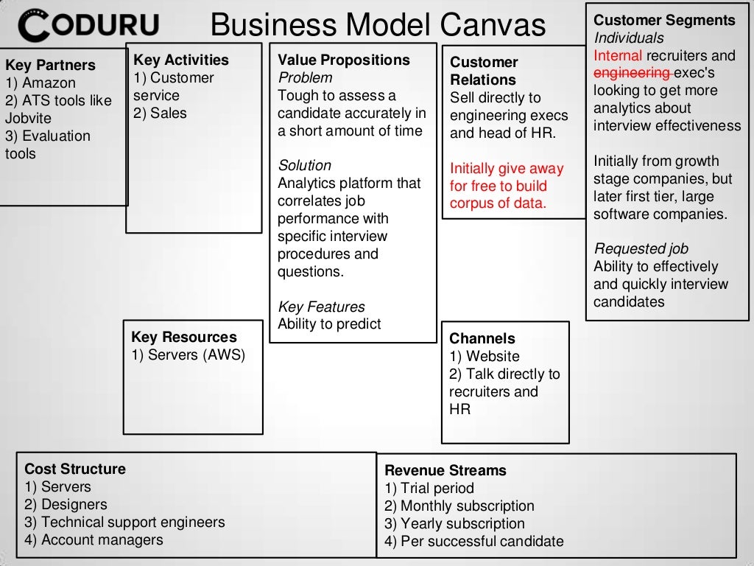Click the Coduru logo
pos(89,27)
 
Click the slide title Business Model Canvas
pos(378,26)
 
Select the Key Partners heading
pos(50,65)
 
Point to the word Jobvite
pos(28,118)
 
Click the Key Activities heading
pos(181,60)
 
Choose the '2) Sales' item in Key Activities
pos(160,113)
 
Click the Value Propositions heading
pos(344,60)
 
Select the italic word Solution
pos(304,166)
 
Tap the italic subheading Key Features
pos(321,307)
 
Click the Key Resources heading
pos(184,338)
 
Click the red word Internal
pos(618,56)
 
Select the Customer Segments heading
pos(664,21)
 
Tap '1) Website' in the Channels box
pos(484,357)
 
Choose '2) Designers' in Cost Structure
pos(66,505)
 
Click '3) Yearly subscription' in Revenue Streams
pos(454,524)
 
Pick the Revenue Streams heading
pos(445,470)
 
